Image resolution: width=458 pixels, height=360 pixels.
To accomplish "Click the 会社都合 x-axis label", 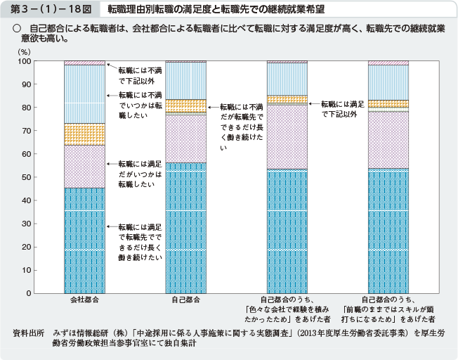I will [x=84, y=300].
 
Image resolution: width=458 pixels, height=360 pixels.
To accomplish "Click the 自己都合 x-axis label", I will [x=185, y=300].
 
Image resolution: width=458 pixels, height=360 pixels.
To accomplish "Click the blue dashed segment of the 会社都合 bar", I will [x=84, y=240].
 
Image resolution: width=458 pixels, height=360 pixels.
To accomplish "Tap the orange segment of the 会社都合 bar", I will [x=84, y=134].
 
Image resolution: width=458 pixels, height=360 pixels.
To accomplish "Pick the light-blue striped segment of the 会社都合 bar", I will [x=84, y=94].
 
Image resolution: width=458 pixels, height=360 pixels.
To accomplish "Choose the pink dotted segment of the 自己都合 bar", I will [x=185, y=139].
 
